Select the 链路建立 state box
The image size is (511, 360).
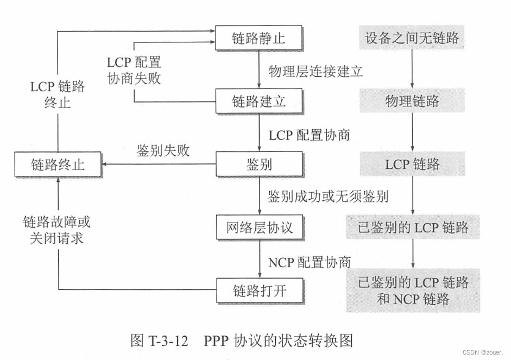258,101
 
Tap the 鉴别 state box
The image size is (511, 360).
258,164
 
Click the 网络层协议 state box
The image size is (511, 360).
258,227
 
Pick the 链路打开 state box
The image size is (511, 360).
258,290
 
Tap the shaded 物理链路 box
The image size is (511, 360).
412,101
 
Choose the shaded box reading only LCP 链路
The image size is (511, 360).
412,164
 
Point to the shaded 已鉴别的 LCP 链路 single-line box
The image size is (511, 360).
412,227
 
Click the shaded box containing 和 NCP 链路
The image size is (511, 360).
412,290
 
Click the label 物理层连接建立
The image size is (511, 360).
316,71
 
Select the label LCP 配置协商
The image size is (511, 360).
309,134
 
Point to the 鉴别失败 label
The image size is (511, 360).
163,150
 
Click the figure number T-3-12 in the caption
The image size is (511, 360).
167,340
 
